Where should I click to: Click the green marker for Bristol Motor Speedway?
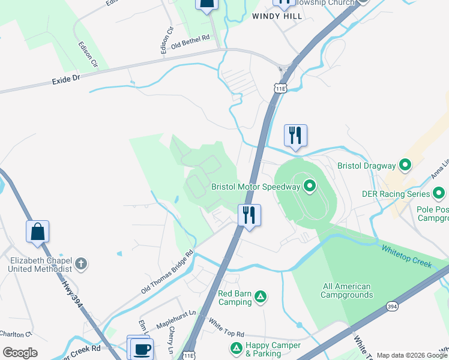point(310,186)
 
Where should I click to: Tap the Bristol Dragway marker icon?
point(405,165)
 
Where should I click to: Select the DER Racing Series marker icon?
point(439,194)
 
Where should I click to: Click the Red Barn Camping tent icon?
point(261,296)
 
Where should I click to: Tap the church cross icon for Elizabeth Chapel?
point(81,263)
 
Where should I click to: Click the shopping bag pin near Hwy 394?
point(37,232)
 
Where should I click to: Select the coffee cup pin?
point(142,349)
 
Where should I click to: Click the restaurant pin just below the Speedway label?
point(249,215)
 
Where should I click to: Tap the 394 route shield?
point(392,306)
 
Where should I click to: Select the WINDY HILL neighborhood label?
point(277,16)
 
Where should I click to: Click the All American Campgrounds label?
point(347,290)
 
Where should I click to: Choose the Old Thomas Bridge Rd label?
point(168,272)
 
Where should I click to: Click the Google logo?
point(20,352)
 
